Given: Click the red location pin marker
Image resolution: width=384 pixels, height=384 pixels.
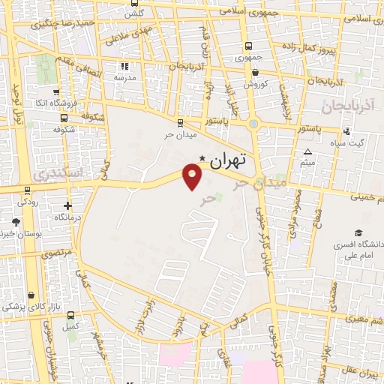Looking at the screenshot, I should tap(193, 176).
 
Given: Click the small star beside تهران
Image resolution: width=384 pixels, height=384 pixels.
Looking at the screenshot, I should tap(202, 157).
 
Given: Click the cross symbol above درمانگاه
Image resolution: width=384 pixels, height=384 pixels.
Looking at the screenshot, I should tap(68, 205).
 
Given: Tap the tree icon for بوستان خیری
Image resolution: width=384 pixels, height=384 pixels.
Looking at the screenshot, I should tap(16, 221).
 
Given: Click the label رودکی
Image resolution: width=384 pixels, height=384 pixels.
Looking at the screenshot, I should tap(28, 202).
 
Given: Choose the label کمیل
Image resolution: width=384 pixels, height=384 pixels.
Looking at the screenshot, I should tap(70, 327).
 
